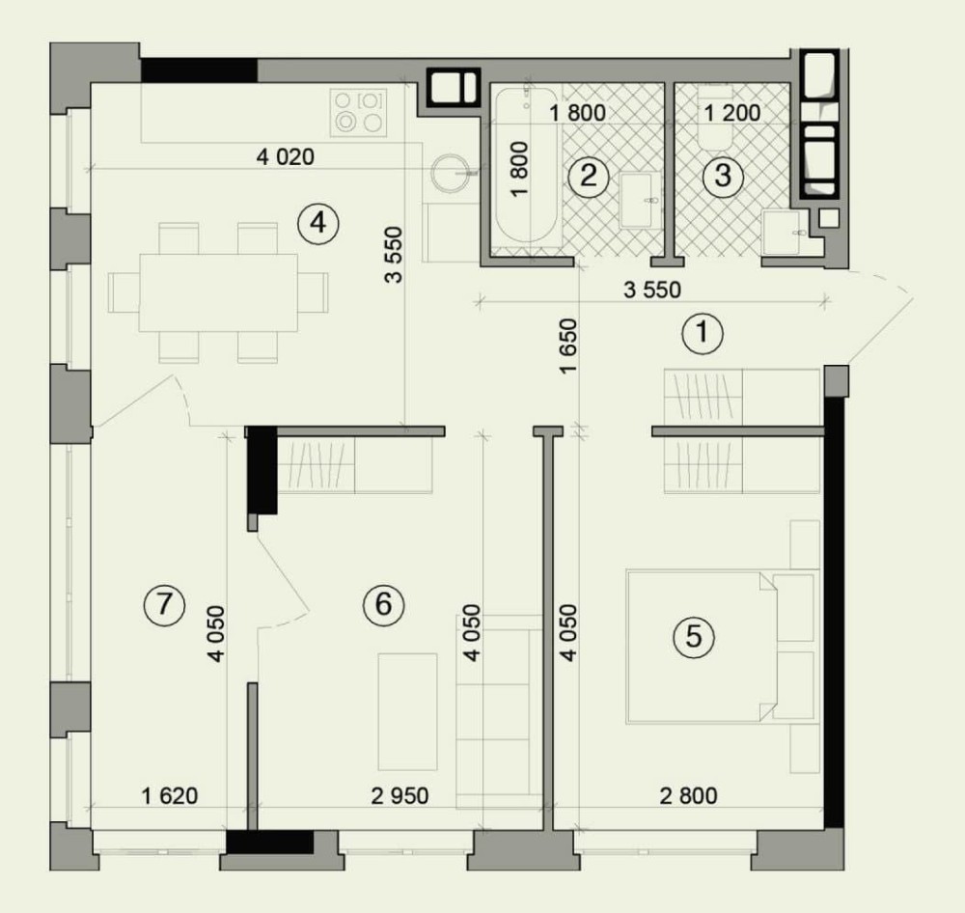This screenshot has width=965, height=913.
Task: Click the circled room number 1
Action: pyautogui.click(x=703, y=334)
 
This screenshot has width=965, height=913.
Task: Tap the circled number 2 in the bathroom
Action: pyautogui.click(x=589, y=176)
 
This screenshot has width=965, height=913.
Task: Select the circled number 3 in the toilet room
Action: pyautogui.click(x=723, y=176)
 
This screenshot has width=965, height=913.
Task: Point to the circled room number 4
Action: pyautogui.click(x=317, y=223)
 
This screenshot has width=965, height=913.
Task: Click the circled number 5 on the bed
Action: pyautogui.click(x=694, y=636)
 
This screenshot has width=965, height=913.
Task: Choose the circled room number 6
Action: pyautogui.click(x=383, y=604)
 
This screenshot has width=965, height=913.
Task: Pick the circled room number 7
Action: pyautogui.click(x=164, y=604)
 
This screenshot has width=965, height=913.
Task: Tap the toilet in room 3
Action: pyautogui.click(x=714, y=117)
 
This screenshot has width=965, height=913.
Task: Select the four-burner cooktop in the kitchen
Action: pyautogui.click(x=359, y=112)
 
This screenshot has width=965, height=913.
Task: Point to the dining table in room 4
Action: pyautogui.click(x=218, y=292)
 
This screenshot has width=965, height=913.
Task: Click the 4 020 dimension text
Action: pyautogui.click(x=286, y=157)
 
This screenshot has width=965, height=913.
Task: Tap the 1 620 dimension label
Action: pyautogui.click(x=170, y=796)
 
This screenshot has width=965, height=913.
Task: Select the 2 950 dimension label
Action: pyautogui.click(x=400, y=796)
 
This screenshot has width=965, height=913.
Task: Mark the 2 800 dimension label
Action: pyautogui.click(x=689, y=796)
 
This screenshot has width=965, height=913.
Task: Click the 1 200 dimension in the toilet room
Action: pyautogui.click(x=732, y=113)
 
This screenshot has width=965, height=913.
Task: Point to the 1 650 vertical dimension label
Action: pyautogui.click(x=568, y=346)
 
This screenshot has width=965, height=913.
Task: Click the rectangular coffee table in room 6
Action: pyautogui.click(x=407, y=711)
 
